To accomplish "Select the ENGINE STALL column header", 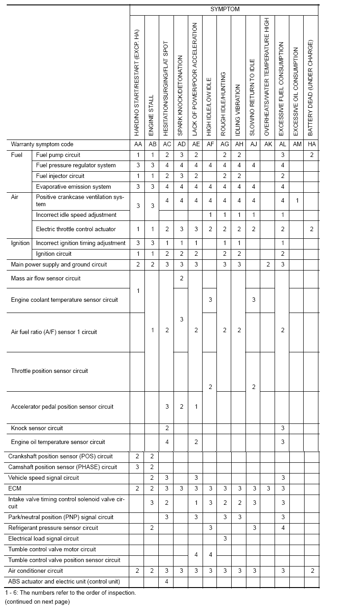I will (x=151, y=115).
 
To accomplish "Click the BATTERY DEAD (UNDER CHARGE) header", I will (x=310, y=88).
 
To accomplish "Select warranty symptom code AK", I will (x=267, y=144).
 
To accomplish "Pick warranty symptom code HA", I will (x=311, y=144).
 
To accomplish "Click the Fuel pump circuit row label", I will (x=58, y=155).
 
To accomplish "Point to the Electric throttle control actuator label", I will (x=76, y=229).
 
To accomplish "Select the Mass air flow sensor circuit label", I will (x=46, y=279).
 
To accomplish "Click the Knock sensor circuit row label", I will (x=37, y=428).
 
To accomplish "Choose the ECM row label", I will (x=15, y=489).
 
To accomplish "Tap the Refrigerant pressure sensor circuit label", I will (x=53, y=528).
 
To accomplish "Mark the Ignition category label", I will (x=20, y=243).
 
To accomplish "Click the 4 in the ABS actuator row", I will (x=166, y=582).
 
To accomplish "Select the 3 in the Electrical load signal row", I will (x=225, y=539).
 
